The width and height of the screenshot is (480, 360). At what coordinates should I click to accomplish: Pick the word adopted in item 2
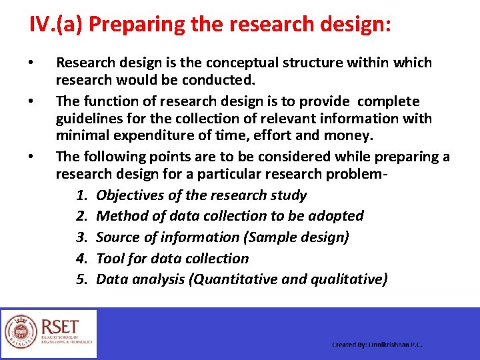coord(337,216)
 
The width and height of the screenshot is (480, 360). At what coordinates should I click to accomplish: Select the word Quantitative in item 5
coord(234,279)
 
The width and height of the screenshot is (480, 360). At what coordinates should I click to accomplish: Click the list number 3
coord(82,237)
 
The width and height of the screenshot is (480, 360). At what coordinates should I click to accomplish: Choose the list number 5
coord(82,279)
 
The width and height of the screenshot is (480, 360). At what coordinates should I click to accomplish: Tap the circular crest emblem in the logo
coord(21,331)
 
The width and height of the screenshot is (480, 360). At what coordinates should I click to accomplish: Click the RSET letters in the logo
coord(60,327)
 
